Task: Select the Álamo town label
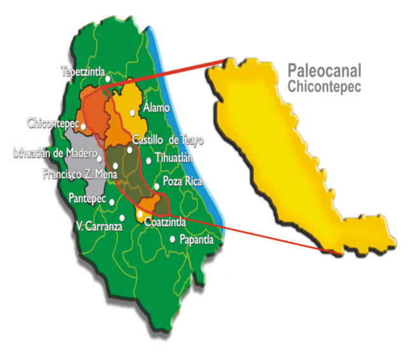tap(157, 107)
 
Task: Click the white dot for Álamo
tap(133, 113)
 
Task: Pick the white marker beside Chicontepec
tap(84, 127)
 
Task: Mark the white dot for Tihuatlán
tap(149, 160)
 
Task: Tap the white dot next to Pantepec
tap(112, 202)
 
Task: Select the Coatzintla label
tap(166, 223)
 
